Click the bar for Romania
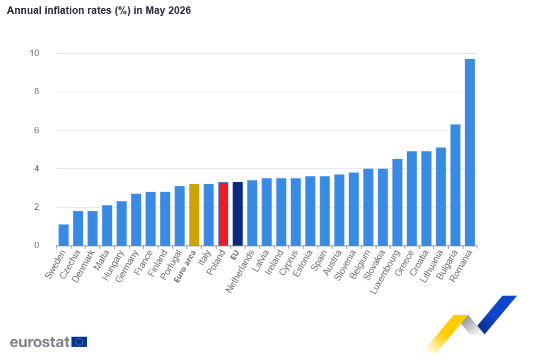pyautogui.click(x=470, y=152)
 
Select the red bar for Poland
pyautogui.click(x=223, y=214)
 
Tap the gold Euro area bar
pyautogui.click(x=194, y=215)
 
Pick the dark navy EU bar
pyautogui.click(x=238, y=214)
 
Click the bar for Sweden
pyautogui.click(x=63, y=235)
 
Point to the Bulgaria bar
pyautogui.click(x=456, y=185)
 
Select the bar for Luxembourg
pyautogui.click(x=398, y=203)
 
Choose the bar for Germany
pyautogui.click(x=136, y=220)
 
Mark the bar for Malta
pyautogui.click(x=107, y=226)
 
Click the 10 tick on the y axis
pyautogui.click(x=34, y=53)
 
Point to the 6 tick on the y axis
pyautogui.click(x=37, y=130)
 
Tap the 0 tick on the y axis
pyautogui.click(x=37, y=246)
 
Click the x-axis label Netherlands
pyautogui.click(x=240, y=272)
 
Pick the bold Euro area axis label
pyautogui.click(x=185, y=267)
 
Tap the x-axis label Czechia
pyautogui.click(x=70, y=264)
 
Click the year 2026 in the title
pyautogui.click(x=179, y=10)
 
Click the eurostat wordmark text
pyautogui.click(x=40, y=342)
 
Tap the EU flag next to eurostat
pyautogui.click(x=79, y=342)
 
